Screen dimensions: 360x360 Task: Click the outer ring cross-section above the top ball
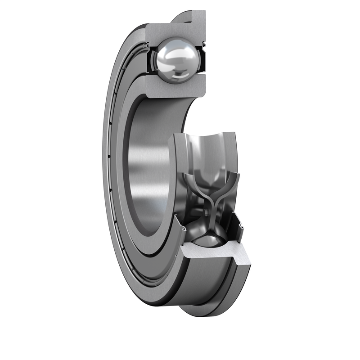[x=175, y=29]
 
